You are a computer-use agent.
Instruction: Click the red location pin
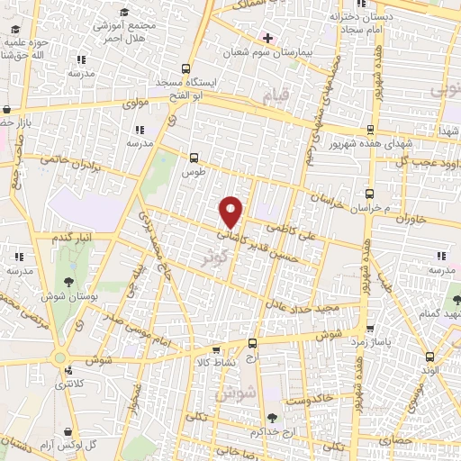tap(231, 211)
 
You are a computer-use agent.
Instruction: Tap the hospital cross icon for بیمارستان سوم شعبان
tap(266, 38)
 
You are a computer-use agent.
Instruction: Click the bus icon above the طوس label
tap(194, 156)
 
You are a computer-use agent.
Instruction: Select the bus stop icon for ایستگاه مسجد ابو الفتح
tap(186, 69)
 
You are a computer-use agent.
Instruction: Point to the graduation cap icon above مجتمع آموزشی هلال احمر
tap(124, 11)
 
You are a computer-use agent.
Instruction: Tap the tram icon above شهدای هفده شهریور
tap(370, 130)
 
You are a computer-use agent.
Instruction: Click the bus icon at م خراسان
tap(369, 194)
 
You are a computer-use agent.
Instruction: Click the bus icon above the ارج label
tap(251, 343)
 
